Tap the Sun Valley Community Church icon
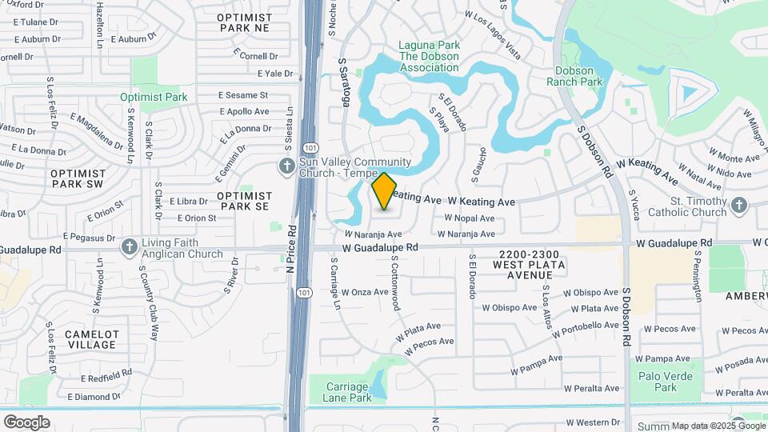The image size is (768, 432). coord(287,166)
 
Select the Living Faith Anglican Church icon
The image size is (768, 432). coord(130,247)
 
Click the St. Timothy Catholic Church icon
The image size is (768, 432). coord(738,206)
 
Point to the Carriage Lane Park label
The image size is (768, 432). coord(347,391)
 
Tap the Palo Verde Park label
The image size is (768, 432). coord(658,382)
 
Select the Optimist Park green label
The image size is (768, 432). coord(154,98)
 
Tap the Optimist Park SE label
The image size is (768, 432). coord(244,201)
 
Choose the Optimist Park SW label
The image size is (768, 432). coord(77,178)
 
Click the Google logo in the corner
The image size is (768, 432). coord(26,422)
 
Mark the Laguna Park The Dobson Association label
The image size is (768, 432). coord(430,57)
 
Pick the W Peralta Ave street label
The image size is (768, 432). coord(591,388)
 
